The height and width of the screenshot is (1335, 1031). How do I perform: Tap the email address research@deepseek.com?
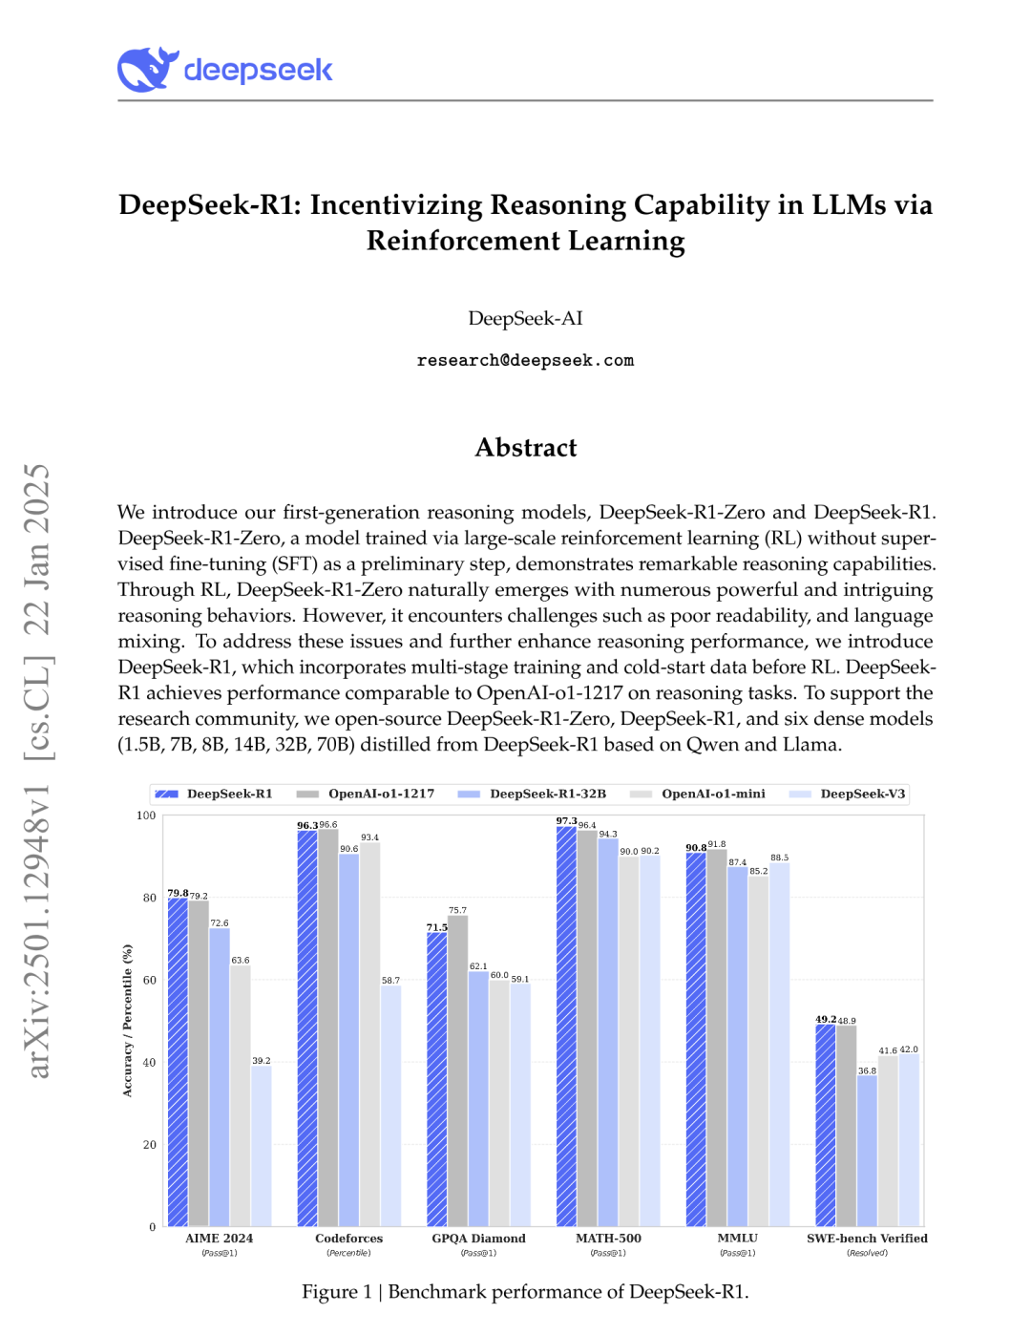(525, 361)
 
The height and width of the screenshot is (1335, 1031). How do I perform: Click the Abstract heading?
(525, 448)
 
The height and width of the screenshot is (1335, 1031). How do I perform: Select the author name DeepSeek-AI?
(525, 319)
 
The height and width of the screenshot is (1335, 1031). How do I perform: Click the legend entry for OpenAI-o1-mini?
(712, 795)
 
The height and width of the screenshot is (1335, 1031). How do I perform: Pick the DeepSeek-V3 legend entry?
(861, 795)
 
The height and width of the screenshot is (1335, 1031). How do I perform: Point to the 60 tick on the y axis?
(150, 981)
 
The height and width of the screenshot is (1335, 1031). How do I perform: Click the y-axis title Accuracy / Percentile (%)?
(127, 1021)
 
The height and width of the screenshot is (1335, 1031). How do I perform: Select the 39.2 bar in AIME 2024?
(261, 1146)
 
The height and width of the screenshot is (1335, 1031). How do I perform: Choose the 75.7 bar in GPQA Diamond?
(457, 1070)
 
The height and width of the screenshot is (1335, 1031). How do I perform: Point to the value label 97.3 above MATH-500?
(566, 821)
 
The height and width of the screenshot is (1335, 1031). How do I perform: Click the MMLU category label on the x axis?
(737, 1239)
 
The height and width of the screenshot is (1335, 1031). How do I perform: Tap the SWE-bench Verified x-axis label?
(867, 1239)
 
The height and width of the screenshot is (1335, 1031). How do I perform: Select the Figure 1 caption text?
(525, 1292)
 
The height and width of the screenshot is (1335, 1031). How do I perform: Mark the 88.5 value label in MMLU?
(779, 858)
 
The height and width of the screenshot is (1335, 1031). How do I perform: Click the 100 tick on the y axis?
(146, 816)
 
